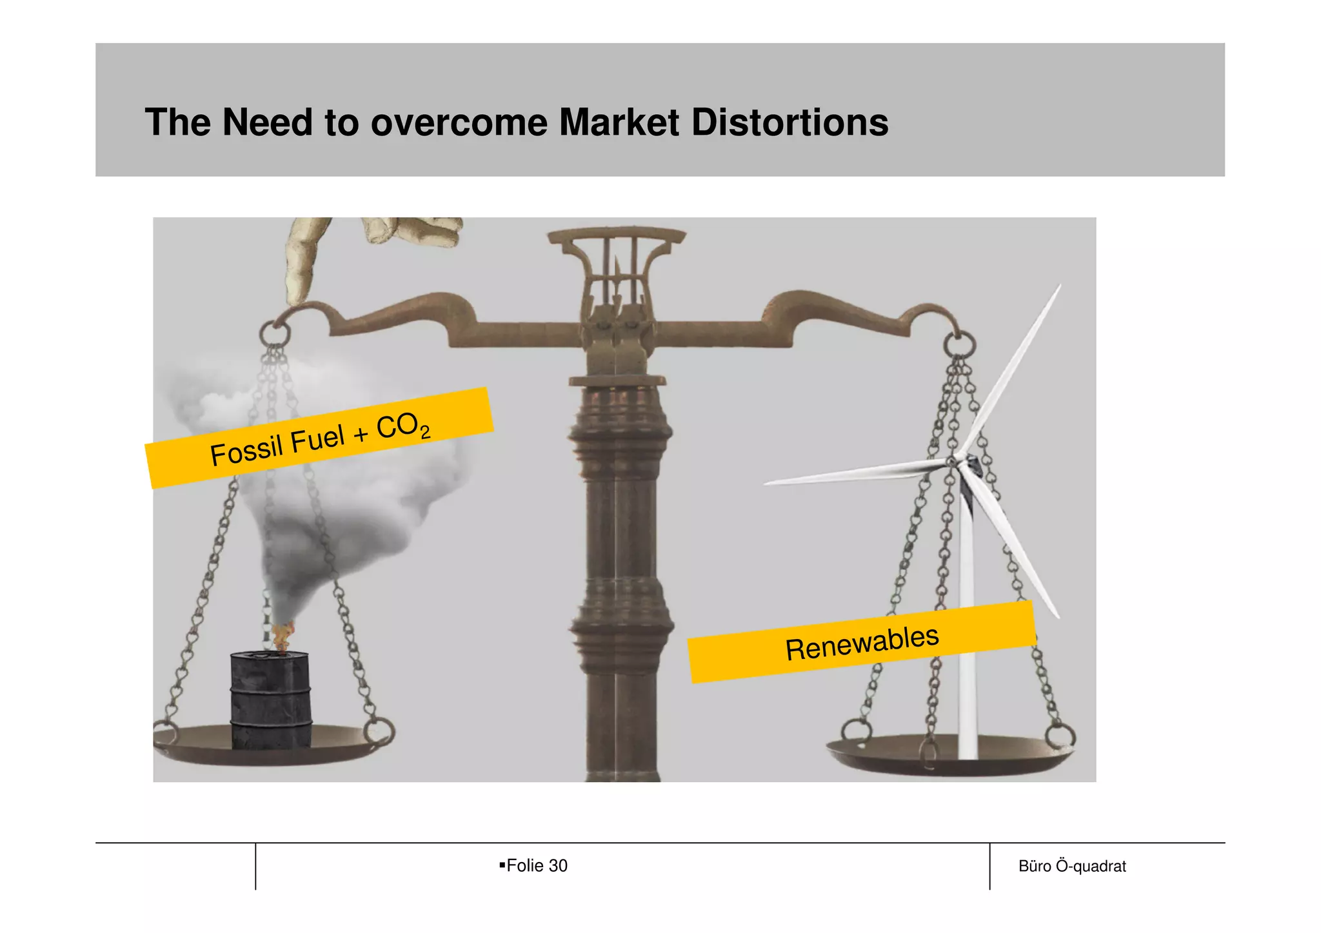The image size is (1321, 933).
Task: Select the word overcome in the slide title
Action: tap(459, 123)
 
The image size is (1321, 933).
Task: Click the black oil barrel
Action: tap(271, 700)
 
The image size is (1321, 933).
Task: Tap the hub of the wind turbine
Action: tap(953, 461)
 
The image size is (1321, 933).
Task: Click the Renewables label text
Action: tap(862, 643)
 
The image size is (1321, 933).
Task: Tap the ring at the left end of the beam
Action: tap(275, 334)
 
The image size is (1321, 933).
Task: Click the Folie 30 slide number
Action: tap(536, 865)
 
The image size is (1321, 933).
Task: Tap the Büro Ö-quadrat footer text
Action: tap(1071, 866)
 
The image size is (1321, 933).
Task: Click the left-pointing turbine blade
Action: tap(851, 473)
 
